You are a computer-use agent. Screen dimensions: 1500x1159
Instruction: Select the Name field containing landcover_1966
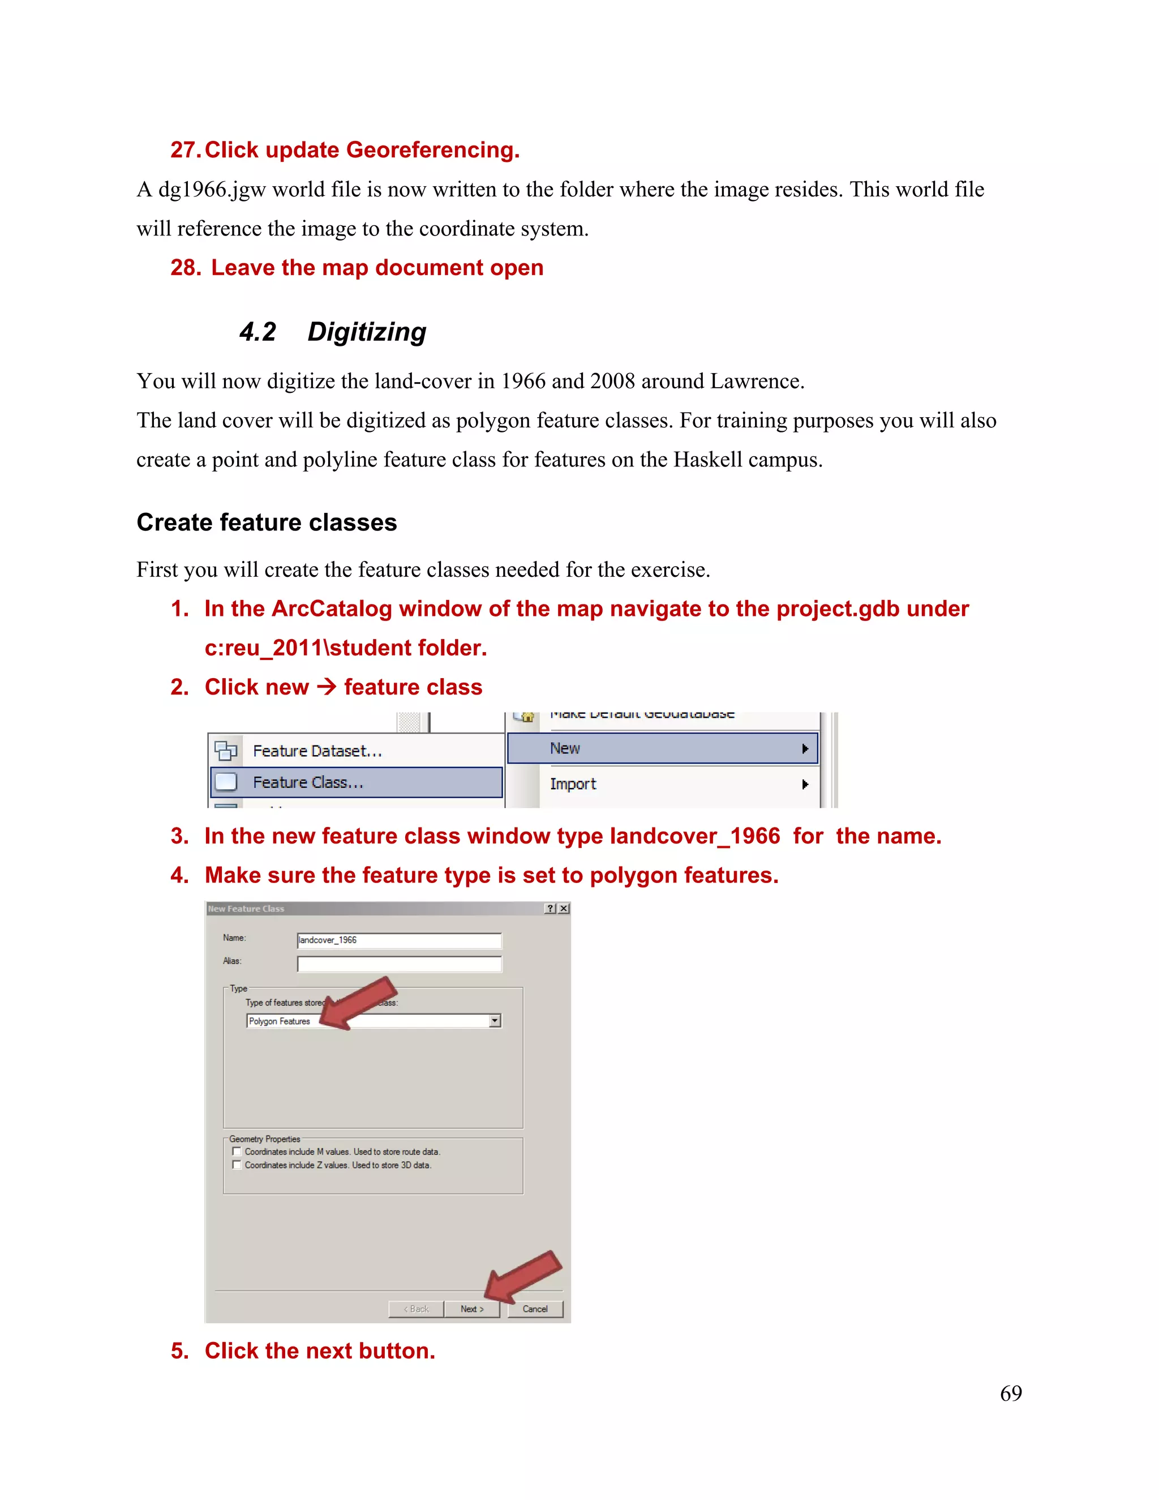(x=399, y=940)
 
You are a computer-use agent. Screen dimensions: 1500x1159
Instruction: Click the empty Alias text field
(x=399, y=963)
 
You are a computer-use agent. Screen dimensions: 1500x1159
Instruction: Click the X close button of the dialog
(x=564, y=908)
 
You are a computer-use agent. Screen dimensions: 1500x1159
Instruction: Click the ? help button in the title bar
(x=551, y=908)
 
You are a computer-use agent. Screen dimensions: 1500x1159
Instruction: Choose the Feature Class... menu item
(x=308, y=782)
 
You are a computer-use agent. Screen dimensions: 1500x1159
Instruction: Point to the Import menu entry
(x=573, y=783)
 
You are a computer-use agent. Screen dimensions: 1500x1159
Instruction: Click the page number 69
(x=1011, y=1393)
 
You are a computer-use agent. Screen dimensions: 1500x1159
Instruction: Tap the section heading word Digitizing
(x=367, y=332)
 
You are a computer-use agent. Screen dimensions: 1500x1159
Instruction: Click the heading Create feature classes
(x=267, y=522)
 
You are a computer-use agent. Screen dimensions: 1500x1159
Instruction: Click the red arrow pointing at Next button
(x=523, y=1275)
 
